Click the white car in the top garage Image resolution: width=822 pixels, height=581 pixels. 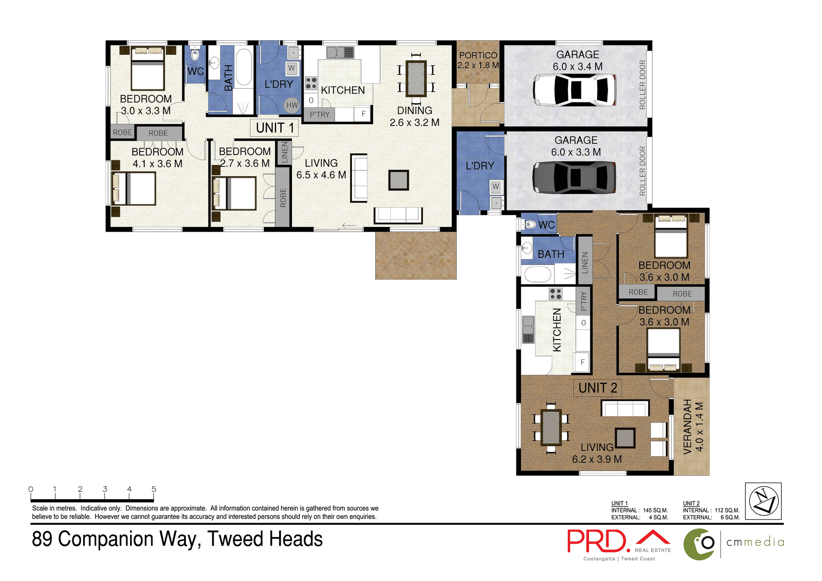point(575,90)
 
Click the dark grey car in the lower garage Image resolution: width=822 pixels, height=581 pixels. point(575,177)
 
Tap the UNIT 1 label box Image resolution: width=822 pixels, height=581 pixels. point(274,128)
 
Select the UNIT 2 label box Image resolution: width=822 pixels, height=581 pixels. point(597,388)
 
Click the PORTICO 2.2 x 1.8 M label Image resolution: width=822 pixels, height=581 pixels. point(478,60)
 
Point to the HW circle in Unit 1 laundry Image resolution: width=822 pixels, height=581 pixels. point(292,105)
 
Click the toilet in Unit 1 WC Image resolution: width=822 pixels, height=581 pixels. point(195,55)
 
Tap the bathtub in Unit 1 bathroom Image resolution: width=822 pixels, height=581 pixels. point(244,67)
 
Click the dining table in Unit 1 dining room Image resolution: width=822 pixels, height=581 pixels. point(416,79)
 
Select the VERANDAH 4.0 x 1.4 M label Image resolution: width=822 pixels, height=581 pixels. point(693,426)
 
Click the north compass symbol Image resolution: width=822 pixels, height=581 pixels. point(763,501)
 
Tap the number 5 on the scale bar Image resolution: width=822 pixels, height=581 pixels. point(154,489)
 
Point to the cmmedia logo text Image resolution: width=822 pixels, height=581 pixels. point(755,542)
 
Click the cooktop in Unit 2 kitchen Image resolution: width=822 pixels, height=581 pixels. point(556,294)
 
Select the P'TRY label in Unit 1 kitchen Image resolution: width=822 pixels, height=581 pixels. point(320,115)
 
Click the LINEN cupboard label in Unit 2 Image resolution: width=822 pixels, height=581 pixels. point(585,262)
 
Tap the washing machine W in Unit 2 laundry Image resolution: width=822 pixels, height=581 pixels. point(495,186)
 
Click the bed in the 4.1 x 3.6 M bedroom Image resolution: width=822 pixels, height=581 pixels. point(134,189)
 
